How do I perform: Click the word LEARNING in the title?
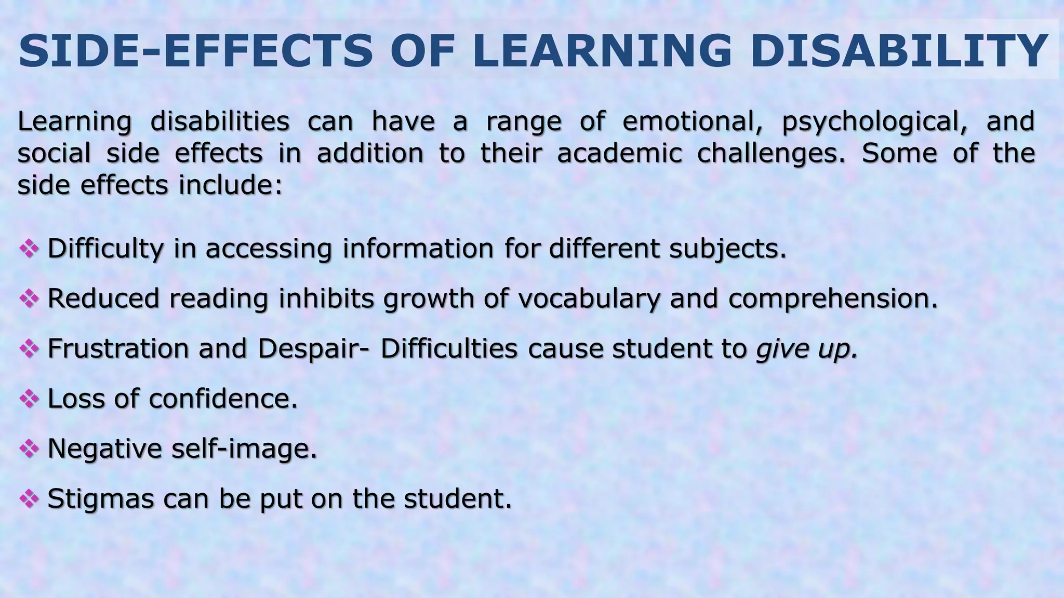click(x=602, y=51)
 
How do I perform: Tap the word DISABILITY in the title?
click(x=899, y=51)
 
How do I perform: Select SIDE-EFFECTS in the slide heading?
click(x=195, y=51)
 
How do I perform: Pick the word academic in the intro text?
click(x=619, y=153)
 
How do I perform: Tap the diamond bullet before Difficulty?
click(x=29, y=249)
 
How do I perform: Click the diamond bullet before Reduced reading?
click(x=29, y=298)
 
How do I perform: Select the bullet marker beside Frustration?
click(x=29, y=348)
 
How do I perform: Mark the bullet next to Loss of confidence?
click(x=29, y=399)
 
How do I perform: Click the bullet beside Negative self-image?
click(x=29, y=448)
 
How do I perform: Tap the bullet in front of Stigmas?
click(x=29, y=498)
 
